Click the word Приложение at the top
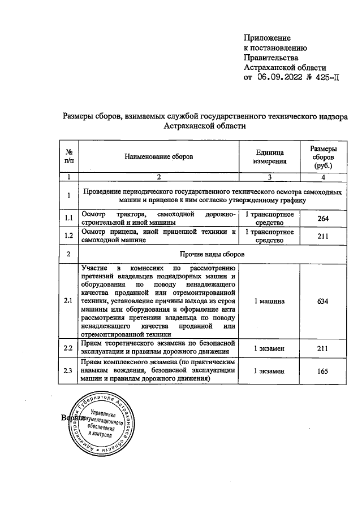(267, 38)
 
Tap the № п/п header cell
(69, 156)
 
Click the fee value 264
(323, 219)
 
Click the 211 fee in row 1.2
(323, 236)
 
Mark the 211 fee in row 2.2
(323, 348)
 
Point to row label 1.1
(69, 219)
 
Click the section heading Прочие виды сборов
(212, 254)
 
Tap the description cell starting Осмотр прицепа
(158, 236)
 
